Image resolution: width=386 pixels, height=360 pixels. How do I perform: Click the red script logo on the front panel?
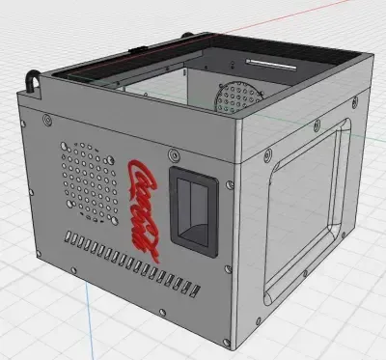(x=143, y=209)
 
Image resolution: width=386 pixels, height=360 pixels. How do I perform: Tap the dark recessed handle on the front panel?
(x=194, y=212)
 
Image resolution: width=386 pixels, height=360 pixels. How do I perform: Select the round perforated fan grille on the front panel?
(x=89, y=182)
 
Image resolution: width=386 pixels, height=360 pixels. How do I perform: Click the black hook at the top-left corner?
(x=33, y=81)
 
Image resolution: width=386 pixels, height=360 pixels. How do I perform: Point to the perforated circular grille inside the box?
(x=238, y=97)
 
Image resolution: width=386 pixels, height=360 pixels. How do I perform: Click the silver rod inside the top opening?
(x=271, y=65)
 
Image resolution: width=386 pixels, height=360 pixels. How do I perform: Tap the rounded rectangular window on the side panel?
(x=306, y=210)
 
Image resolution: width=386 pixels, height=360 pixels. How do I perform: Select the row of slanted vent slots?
(x=132, y=263)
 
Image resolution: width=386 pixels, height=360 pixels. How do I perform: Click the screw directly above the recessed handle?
(x=175, y=154)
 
